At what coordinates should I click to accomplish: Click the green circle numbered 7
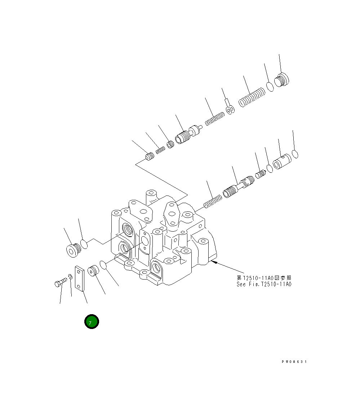click(x=92, y=321)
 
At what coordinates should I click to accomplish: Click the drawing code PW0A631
click(x=294, y=361)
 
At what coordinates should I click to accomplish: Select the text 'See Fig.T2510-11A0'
click(x=264, y=284)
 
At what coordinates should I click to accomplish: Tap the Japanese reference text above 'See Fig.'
click(x=264, y=278)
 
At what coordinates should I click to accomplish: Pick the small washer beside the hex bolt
click(x=70, y=277)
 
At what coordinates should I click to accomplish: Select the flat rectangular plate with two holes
click(x=79, y=278)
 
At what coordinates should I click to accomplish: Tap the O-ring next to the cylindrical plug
click(x=103, y=265)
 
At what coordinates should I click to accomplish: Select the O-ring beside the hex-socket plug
click(x=84, y=244)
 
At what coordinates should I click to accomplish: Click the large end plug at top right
click(x=282, y=80)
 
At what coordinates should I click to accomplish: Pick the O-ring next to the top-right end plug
click(x=270, y=86)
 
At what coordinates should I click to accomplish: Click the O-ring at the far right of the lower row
click(x=295, y=154)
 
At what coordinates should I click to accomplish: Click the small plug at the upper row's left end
click(x=150, y=157)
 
